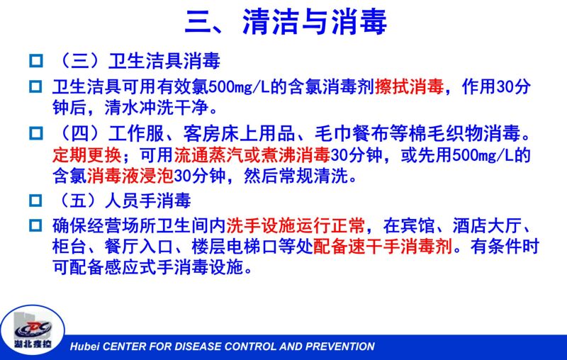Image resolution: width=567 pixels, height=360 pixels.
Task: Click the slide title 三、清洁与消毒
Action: click(286, 22)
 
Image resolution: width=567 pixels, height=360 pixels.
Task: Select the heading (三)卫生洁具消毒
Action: click(136, 61)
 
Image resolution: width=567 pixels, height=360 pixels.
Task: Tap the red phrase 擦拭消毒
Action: click(409, 86)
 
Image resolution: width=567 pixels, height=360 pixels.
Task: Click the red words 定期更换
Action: click(87, 155)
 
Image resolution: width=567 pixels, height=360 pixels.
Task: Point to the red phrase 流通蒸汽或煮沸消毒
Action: click(252, 155)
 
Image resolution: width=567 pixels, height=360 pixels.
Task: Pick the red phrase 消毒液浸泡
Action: click(130, 176)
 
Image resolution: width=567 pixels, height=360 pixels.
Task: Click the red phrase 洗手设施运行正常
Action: click(296, 226)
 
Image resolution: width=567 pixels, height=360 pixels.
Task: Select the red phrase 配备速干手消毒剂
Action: click(383, 247)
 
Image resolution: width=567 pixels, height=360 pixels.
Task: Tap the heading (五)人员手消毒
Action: click(122, 201)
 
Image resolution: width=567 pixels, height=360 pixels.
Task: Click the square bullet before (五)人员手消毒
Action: click(35, 201)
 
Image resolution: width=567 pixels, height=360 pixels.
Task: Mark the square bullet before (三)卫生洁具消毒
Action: click(35, 60)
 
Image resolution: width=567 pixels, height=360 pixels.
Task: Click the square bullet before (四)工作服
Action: click(35, 133)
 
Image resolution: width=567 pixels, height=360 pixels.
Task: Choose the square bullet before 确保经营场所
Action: click(35, 226)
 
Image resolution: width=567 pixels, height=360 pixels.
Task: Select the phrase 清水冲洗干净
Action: click(157, 107)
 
